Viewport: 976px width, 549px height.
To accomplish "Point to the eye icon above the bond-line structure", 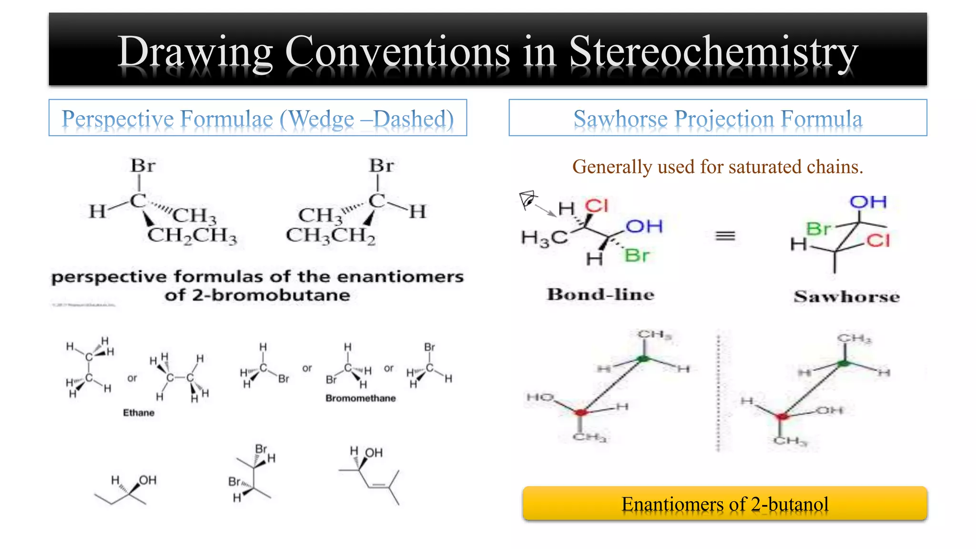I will click(x=528, y=199).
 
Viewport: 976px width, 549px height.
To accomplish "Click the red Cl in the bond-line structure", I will click(x=597, y=206).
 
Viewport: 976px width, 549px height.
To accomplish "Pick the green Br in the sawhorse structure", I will click(x=818, y=229).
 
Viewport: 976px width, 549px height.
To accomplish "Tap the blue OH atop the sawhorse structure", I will click(x=868, y=202).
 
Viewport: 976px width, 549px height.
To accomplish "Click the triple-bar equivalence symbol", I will click(x=725, y=236).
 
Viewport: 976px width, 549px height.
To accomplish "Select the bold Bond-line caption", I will click(x=600, y=295).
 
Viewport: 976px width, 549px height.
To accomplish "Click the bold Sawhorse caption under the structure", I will click(x=847, y=297).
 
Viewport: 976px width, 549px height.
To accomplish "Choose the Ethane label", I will click(x=139, y=413).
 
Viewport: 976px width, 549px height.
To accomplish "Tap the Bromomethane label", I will click(x=361, y=398).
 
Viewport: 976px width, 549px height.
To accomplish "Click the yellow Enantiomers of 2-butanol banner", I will click(x=724, y=504).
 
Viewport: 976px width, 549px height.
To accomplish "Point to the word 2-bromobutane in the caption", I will click(x=271, y=295).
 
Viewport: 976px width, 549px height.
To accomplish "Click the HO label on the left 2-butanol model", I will click(x=540, y=397).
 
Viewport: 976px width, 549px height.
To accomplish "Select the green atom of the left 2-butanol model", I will click(x=644, y=358).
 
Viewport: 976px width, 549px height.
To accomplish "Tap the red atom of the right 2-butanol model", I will click(x=782, y=417).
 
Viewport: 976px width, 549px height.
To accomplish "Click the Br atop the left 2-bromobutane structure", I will click(x=143, y=166).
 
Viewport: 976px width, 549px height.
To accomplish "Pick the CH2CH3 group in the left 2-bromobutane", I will click(x=192, y=235).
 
